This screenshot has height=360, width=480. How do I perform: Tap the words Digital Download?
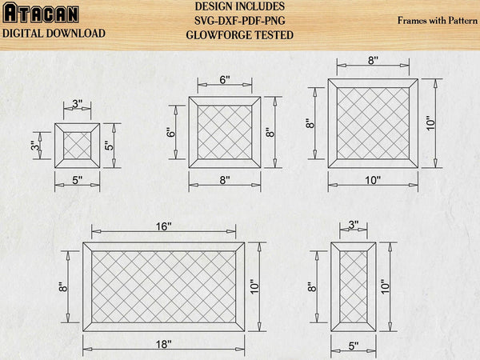tap(54, 34)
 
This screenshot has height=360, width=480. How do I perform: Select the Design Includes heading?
tap(239, 6)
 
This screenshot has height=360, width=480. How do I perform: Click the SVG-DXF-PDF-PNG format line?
tap(239, 21)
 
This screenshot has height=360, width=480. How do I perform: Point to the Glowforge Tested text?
tap(239, 35)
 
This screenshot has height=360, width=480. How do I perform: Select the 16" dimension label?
tap(164, 226)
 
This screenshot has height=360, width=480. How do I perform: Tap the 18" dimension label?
tap(164, 346)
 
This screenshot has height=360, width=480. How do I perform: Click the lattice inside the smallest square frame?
tap(78, 146)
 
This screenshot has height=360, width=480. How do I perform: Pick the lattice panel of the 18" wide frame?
tap(164, 286)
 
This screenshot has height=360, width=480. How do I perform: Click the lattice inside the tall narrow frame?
tap(354, 286)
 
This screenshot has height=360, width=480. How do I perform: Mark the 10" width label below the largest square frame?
tap(372, 181)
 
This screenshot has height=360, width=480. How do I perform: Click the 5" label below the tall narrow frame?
tap(354, 346)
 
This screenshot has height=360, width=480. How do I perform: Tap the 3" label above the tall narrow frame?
tap(354, 226)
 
